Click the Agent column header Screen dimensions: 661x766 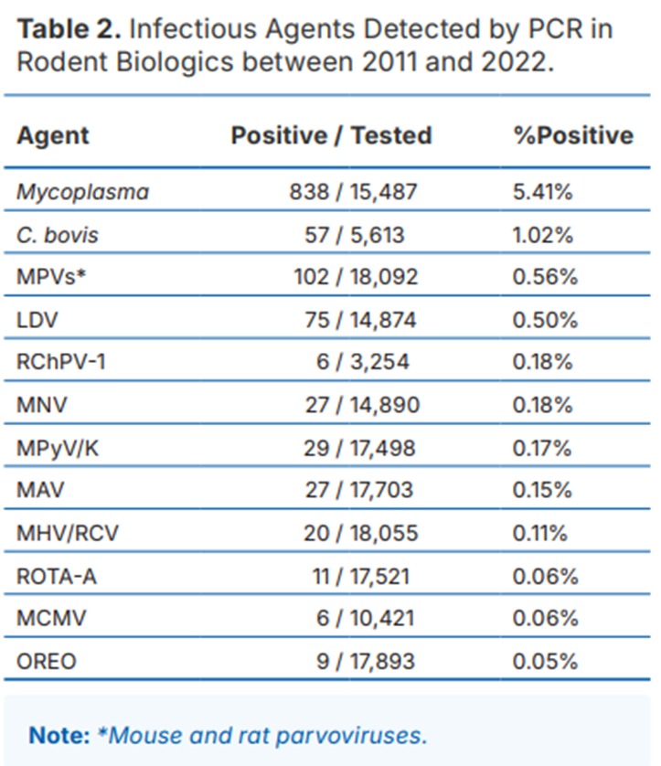point(53,135)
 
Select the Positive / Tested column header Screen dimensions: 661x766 point(331,135)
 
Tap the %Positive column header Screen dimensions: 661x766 point(573,135)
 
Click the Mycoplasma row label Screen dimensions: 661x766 point(82,192)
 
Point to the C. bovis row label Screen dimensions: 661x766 point(58,235)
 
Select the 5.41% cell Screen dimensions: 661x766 point(542,192)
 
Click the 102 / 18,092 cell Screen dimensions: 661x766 point(356,277)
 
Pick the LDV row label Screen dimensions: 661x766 point(37,320)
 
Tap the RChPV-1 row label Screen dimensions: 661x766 point(61,362)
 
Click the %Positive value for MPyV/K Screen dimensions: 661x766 point(542,449)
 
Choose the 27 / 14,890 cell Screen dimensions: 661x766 point(362,405)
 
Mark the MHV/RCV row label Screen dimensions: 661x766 point(68,533)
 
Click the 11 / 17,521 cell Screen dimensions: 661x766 point(360,577)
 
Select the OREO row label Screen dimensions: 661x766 point(47,662)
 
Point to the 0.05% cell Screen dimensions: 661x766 point(545,662)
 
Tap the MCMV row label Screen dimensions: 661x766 point(51,619)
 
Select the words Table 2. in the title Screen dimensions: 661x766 point(69,29)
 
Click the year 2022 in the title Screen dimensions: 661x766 point(514,62)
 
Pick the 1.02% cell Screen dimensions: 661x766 point(542,235)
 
